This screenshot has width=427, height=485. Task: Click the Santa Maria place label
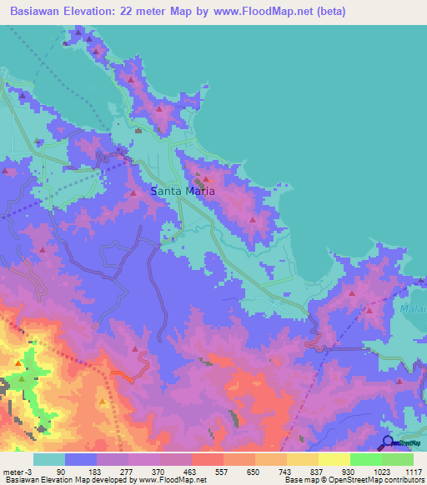(x=183, y=191)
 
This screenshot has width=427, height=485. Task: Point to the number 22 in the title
(x=154, y=11)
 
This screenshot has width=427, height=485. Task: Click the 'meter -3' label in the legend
(x=16, y=471)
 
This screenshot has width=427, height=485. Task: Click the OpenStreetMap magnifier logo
(x=388, y=443)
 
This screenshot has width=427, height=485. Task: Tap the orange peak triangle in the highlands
(x=18, y=363)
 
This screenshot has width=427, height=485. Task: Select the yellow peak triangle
(x=103, y=402)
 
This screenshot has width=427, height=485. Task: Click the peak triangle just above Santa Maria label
(x=205, y=178)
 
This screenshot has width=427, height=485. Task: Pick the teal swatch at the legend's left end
(x=48, y=459)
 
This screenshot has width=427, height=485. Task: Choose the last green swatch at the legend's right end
(x=398, y=459)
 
